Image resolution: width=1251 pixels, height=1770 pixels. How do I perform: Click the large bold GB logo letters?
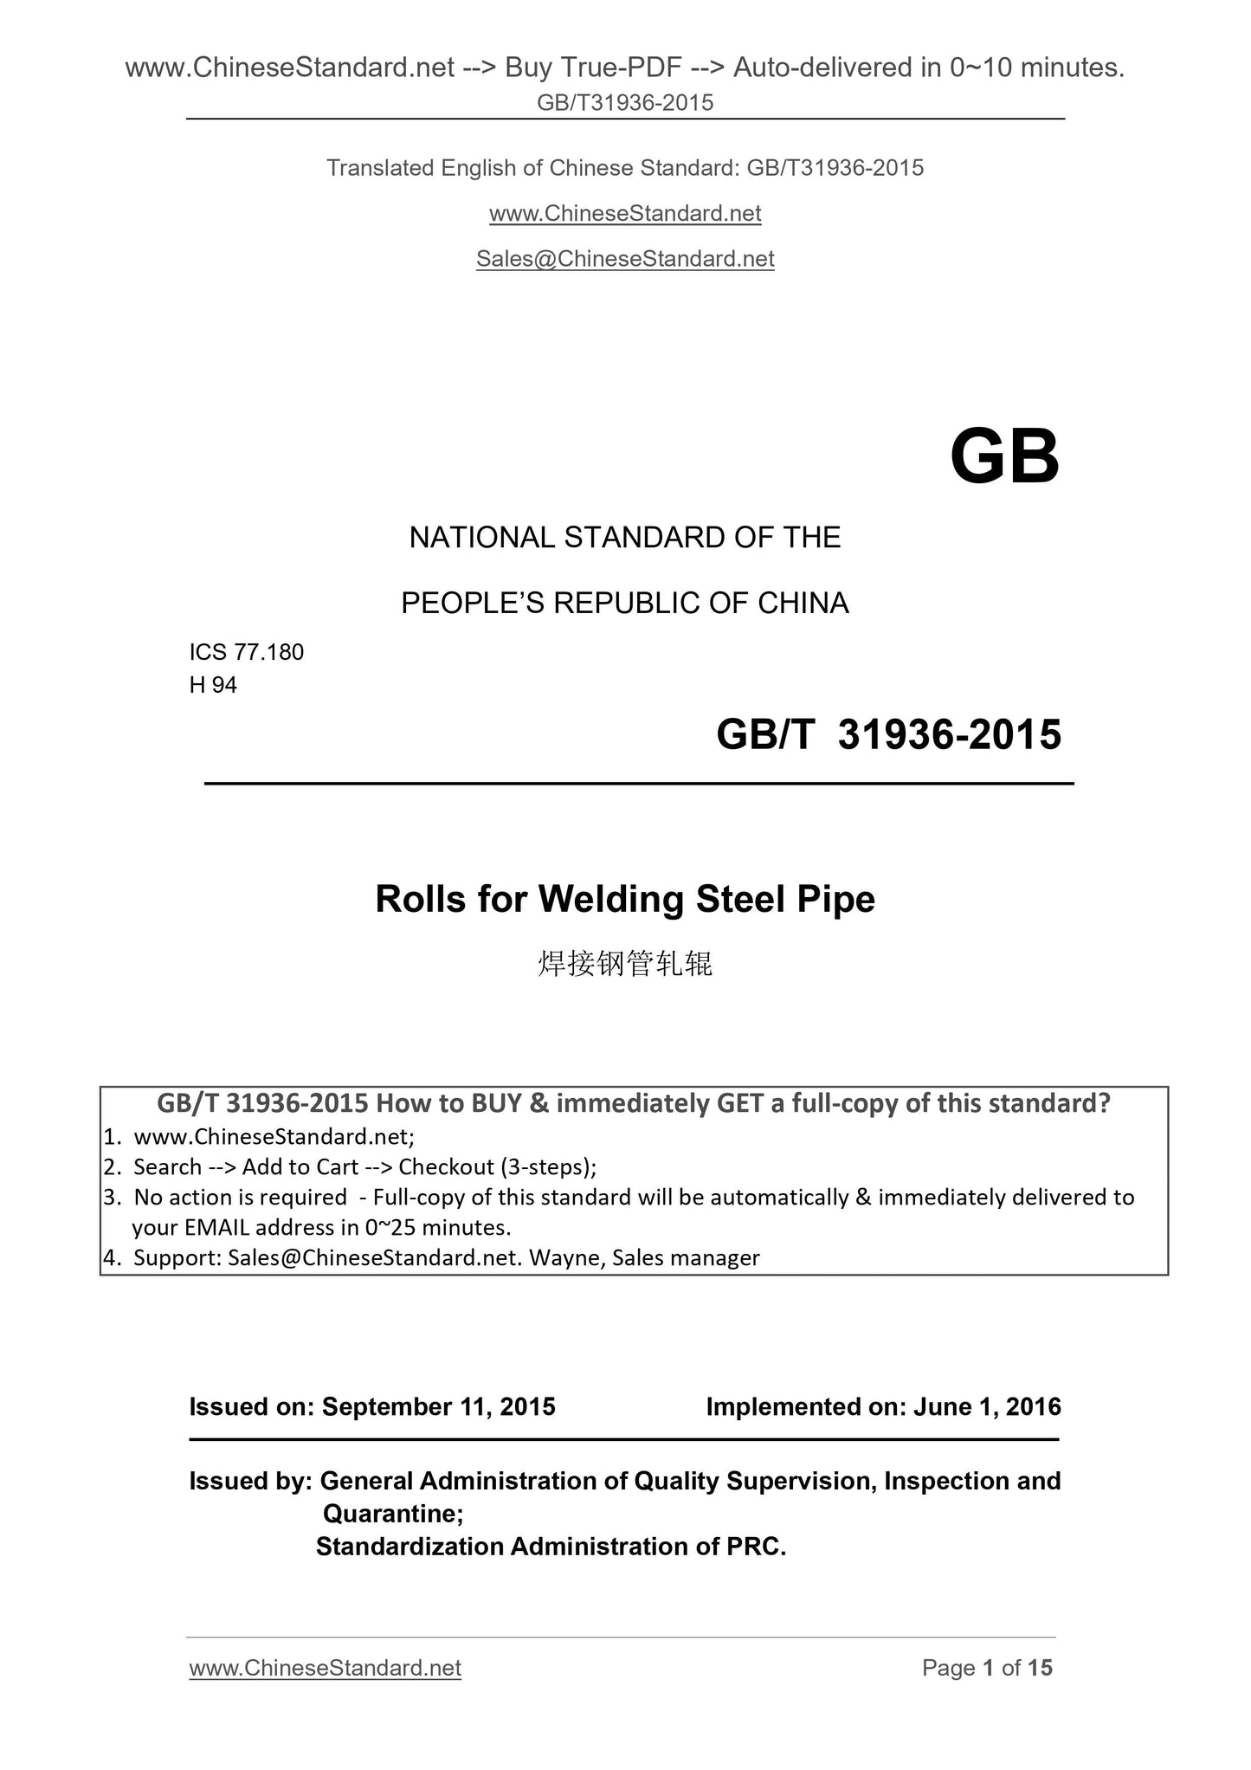(1004, 457)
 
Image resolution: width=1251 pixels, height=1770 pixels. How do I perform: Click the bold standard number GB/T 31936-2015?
(888, 734)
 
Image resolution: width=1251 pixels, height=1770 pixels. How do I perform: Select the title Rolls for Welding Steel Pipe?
(625, 899)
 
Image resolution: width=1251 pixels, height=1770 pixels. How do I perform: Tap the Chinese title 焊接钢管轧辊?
(625, 963)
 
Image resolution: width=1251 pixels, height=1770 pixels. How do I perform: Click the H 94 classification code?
(213, 685)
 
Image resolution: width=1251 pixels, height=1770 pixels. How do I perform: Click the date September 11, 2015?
(438, 1406)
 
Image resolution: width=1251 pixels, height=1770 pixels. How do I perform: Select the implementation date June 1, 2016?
(987, 1406)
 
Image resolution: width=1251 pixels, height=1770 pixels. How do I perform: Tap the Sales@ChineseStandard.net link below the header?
(625, 259)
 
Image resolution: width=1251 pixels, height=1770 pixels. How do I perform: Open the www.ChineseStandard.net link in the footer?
(325, 1668)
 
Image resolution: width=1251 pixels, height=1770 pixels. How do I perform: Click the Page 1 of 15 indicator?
(987, 1668)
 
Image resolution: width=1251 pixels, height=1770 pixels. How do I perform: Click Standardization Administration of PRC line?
(551, 1547)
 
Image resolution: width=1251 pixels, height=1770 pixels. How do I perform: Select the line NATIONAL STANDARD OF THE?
(625, 538)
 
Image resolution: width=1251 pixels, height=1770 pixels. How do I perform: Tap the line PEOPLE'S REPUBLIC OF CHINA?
(625, 603)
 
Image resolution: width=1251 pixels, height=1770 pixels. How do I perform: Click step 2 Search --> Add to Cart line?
(364, 1167)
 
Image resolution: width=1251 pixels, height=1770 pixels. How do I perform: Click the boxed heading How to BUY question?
(634, 1103)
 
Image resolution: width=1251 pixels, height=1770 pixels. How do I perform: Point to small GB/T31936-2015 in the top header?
(625, 103)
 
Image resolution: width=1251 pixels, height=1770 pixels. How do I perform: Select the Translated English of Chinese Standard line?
(625, 168)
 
